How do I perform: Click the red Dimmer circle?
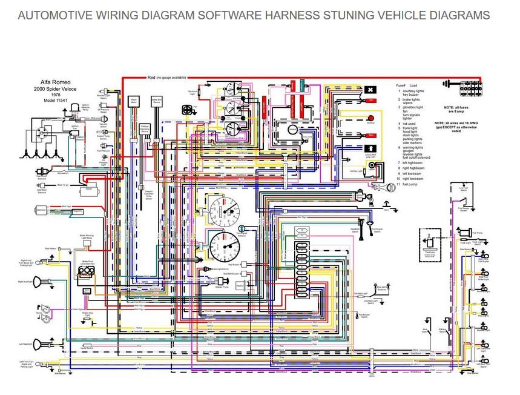(x=370, y=118)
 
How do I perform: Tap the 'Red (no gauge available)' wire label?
(x=166, y=78)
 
